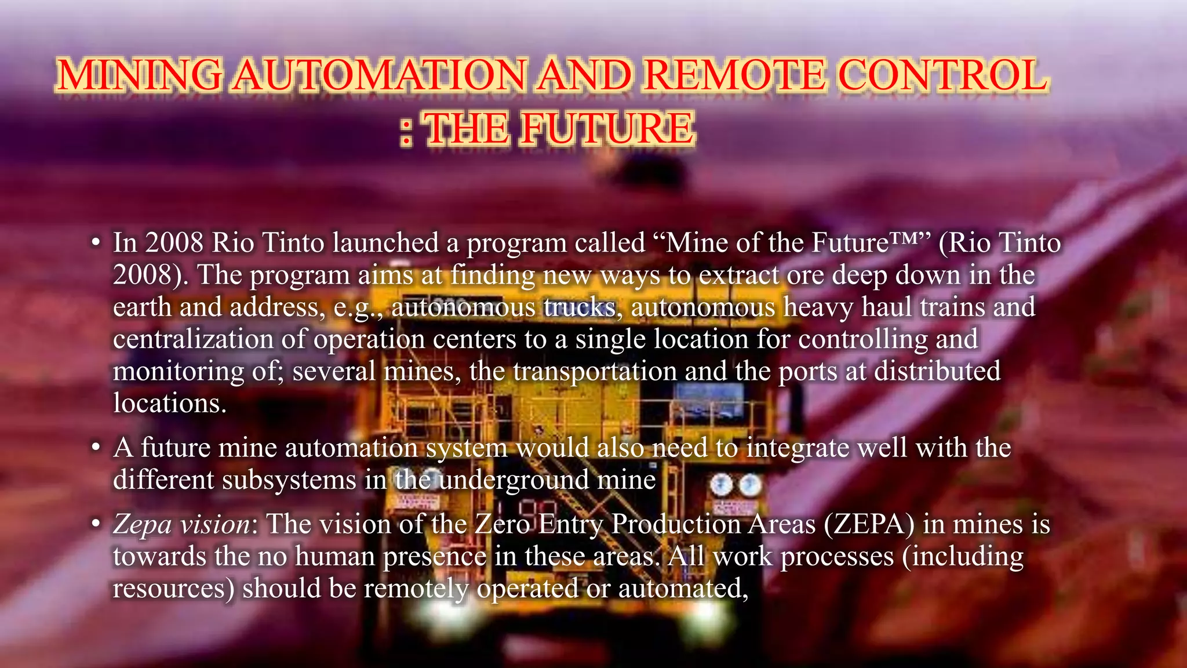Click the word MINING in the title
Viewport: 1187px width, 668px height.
[x=139, y=76]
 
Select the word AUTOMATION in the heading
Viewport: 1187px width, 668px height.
[x=379, y=76]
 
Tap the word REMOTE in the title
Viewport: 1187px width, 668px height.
[x=734, y=76]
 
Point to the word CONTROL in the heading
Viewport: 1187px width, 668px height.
[x=944, y=76]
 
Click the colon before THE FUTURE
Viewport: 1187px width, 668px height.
[x=407, y=130]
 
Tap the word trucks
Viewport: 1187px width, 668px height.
[x=579, y=307]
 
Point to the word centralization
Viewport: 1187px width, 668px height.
[x=193, y=339]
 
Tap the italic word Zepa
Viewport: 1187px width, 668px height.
[x=143, y=525]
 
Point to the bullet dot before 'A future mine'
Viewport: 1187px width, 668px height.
[x=96, y=448]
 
